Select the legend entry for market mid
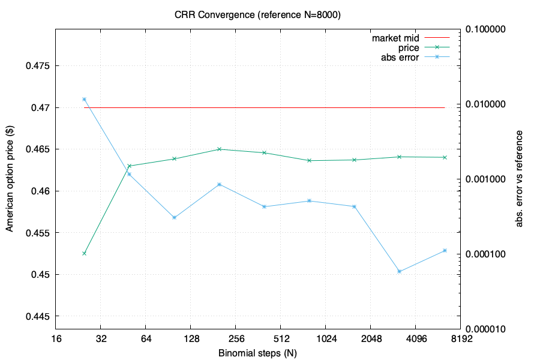395,38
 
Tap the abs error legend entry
400,58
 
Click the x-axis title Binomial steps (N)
257,353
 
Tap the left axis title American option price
10,179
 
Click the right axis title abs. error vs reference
520,179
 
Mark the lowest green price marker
84,253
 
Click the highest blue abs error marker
84,100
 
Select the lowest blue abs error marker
400,272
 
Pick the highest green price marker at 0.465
219,149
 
